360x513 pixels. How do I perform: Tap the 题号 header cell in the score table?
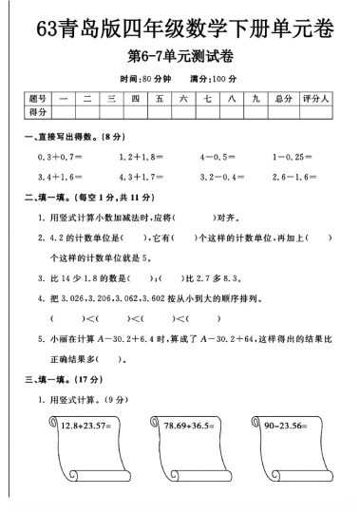click(38, 98)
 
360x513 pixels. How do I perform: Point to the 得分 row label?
click(38, 112)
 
